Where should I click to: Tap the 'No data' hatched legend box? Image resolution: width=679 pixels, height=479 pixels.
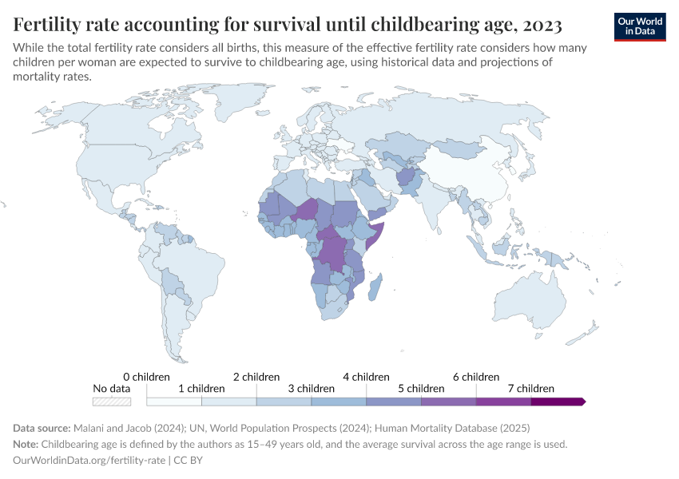[x=112, y=401]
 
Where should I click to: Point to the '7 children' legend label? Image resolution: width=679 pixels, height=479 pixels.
[x=530, y=389]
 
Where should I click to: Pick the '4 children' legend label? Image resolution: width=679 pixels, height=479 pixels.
[x=366, y=377]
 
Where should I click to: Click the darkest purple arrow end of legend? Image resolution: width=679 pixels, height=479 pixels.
[x=559, y=401]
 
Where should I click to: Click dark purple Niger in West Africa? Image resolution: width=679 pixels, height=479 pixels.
[x=308, y=209]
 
